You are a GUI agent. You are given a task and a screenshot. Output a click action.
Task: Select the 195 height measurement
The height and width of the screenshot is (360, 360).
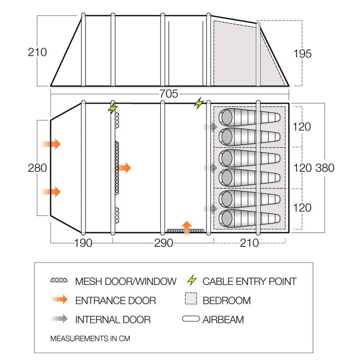pos(301,53)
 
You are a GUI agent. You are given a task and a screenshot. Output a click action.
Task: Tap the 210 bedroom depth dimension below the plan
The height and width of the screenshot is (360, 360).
pos(249,243)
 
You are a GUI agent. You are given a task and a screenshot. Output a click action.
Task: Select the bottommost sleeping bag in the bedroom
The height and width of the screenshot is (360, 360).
pos(250,217)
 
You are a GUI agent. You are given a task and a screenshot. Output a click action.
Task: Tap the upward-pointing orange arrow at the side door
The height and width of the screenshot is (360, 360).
pos(186,227)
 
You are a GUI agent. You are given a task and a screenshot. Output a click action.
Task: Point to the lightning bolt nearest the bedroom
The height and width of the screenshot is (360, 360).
pos(199,103)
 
